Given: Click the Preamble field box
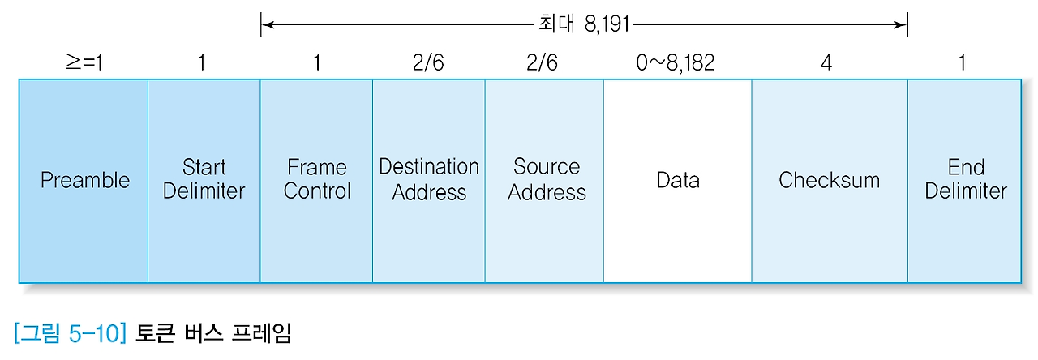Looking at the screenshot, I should coord(84,180).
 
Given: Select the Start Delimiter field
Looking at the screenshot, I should coord(204,180).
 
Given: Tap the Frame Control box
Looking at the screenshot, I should coord(316,180).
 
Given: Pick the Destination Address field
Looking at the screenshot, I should coord(429,180).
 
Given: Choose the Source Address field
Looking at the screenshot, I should coord(545,180).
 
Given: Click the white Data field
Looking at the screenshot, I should coord(677,180).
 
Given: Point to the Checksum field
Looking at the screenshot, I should coord(829,180).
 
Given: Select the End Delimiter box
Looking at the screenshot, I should coord(965,180).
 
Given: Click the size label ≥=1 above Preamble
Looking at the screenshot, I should coord(84,62).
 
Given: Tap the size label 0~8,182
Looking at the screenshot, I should coord(676,62).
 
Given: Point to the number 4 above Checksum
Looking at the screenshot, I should coord(826,62).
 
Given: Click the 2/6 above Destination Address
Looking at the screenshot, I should coord(428,62).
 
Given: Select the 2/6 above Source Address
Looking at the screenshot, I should coord(542,62).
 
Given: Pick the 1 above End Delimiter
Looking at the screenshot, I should coord(963,62).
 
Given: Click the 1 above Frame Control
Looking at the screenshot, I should coord(317,62).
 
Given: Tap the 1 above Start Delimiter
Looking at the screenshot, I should coord(202,62).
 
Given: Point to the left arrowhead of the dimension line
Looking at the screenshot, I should coord(266,24).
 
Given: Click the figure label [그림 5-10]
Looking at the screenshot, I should coord(69,332).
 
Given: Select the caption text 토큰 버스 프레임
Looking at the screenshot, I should coord(213,332).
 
